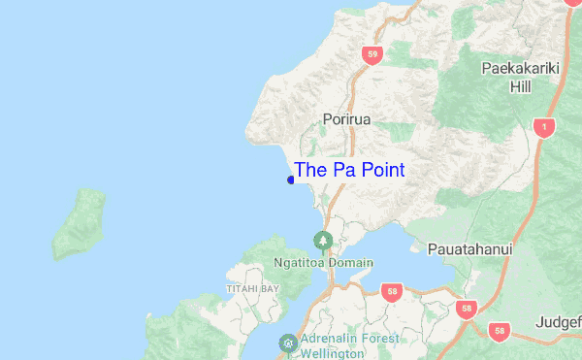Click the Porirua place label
[x=346, y=119]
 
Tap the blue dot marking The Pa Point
[x=291, y=180]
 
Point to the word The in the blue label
[x=310, y=170]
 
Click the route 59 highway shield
[x=372, y=55]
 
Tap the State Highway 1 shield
[x=545, y=126]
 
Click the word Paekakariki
[x=521, y=69]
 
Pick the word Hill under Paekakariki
[x=521, y=87]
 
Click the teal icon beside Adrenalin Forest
[x=288, y=343]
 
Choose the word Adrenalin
[x=328, y=339]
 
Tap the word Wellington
[x=332, y=354]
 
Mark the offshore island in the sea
[x=79, y=225]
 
